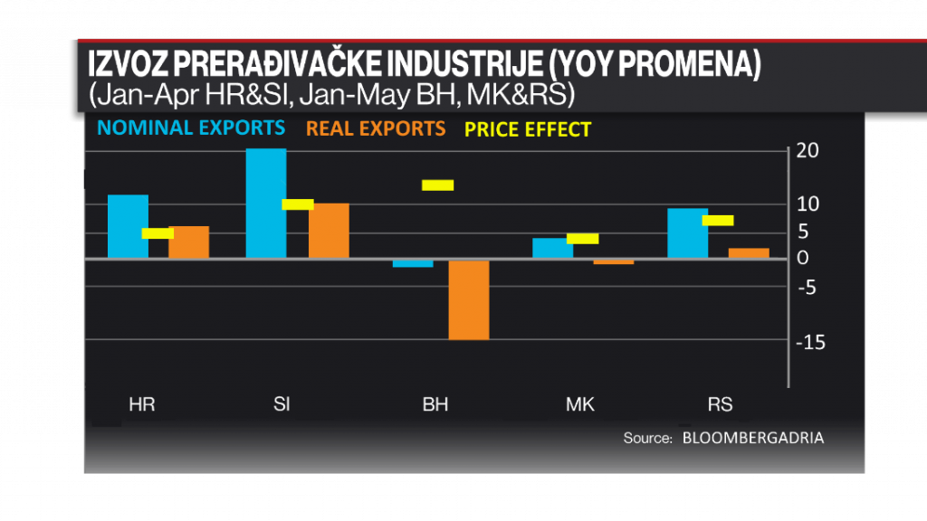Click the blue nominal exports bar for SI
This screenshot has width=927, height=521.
pos(266,204)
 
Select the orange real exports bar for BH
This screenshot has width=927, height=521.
pos(469,299)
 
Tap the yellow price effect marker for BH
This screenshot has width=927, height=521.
pos(437,185)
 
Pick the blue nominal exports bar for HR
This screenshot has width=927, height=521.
pos(128,226)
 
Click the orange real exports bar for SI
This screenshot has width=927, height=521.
pos(329,231)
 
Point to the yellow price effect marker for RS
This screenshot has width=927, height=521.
pos(718,220)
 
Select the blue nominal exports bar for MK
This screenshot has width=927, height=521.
pos(552,248)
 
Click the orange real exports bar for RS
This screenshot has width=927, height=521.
pos(749,253)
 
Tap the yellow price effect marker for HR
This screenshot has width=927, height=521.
pos(158,232)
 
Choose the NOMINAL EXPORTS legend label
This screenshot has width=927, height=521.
pos(191,128)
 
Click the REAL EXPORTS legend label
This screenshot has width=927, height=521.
pos(376,128)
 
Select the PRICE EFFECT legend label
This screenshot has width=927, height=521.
pos(528,129)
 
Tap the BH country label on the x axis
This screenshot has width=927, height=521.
pos(435,404)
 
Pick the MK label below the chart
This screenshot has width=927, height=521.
pos(580,404)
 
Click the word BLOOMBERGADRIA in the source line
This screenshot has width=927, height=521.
pos(753,438)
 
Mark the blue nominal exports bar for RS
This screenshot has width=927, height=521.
pos(687,233)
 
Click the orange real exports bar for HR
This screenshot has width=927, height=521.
pos(188,242)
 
